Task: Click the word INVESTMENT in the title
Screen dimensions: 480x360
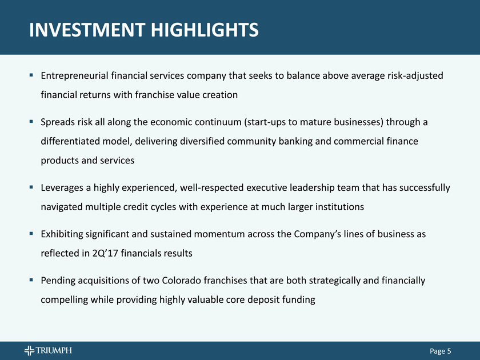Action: pyautogui.click(x=87, y=30)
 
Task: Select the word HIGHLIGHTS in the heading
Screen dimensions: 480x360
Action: pyautogui.click(x=205, y=30)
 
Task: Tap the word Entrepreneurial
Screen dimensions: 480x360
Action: pyautogui.click(x=74, y=76)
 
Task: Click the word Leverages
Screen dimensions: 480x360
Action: pyautogui.click(x=62, y=188)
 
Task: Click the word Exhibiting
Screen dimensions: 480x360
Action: pyautogui.click(x=62, y=234)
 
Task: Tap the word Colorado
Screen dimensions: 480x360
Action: pyautogui.click(x=181, y=281)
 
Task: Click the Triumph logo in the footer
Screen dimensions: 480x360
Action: pyautogui.click(x=48, y=350)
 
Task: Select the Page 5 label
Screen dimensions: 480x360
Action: pyautogui.click(x=440, y=351)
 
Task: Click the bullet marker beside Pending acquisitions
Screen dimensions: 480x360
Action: pyautogui.click(x=31, y=280)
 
